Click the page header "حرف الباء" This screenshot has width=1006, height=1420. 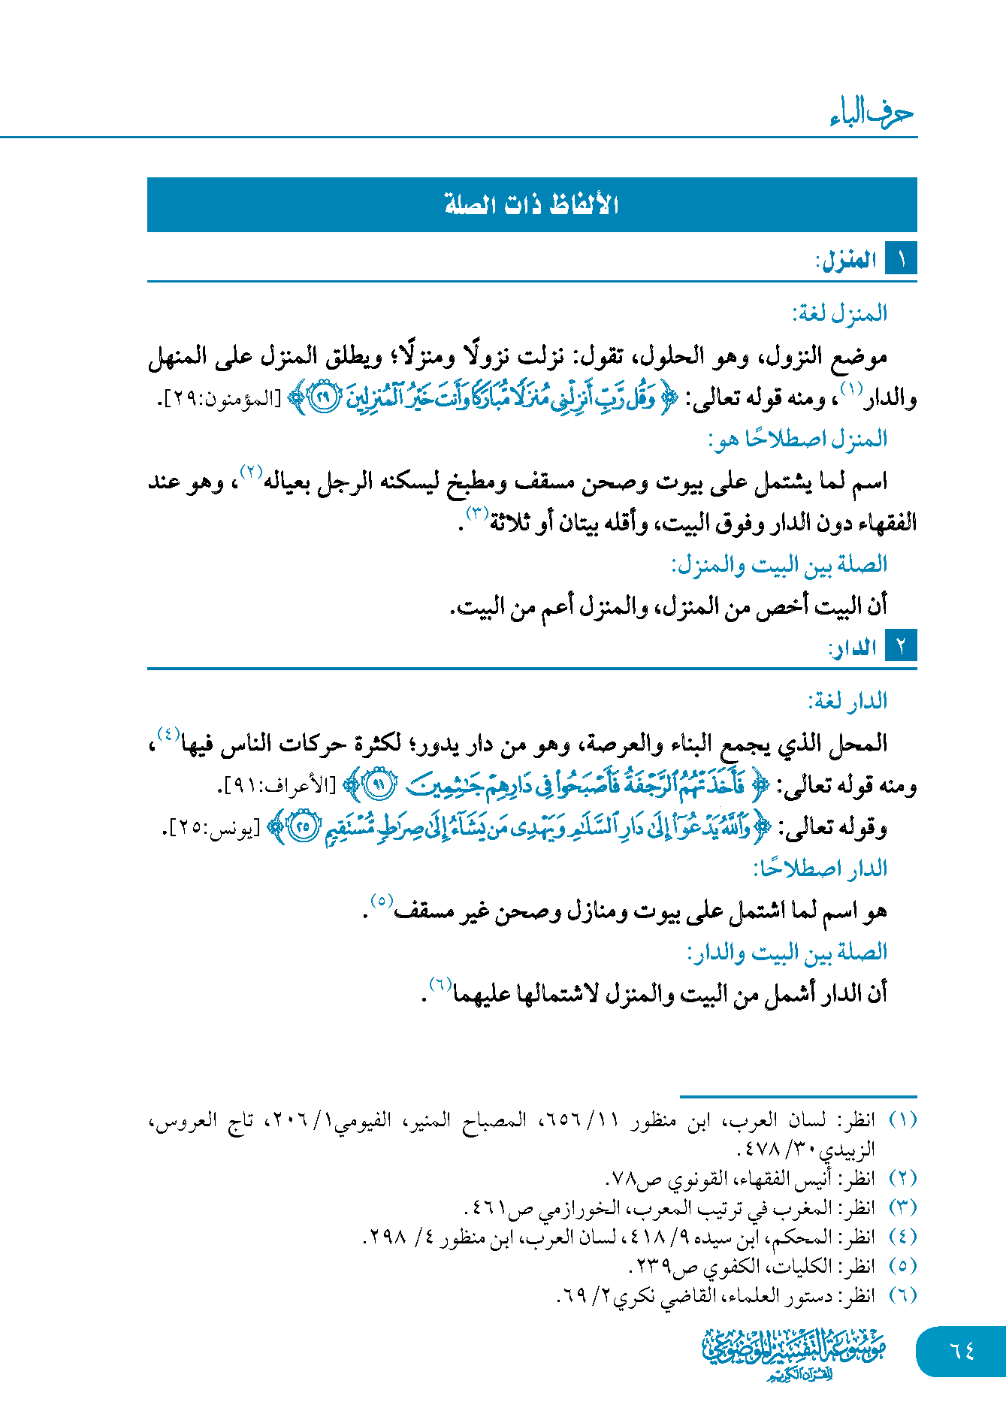(872, 114)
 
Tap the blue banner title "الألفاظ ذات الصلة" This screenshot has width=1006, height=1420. (532, 204)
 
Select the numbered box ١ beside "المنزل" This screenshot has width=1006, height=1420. (901, 260)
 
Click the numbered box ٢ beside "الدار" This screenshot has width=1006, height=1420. (901, 647)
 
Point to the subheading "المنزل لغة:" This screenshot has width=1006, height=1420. (839, 313)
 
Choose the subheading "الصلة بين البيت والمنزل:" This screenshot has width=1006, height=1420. (779, 564)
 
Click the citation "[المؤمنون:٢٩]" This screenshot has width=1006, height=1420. (219, 399)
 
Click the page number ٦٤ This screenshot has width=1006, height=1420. (962, 1351)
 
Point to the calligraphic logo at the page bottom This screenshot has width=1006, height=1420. (793, 1355)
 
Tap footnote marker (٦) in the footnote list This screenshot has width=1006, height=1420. (902, 1295)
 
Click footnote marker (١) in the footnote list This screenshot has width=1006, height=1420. (902, 1119)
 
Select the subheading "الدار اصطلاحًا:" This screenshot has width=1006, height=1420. (820, 869)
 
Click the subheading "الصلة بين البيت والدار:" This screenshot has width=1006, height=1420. (787, 952)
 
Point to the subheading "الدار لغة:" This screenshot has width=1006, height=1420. (847, 701)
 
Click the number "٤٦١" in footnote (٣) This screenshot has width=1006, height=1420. (489, 1207)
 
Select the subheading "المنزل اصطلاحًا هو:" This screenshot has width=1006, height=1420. (798, 438)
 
